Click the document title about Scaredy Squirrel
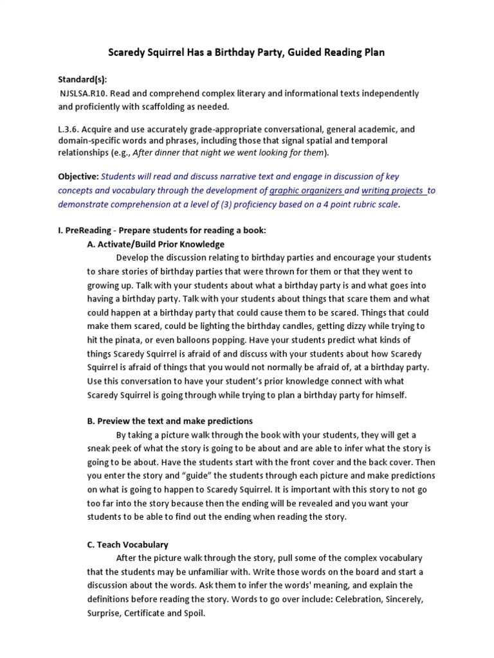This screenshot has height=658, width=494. tap(247, 52)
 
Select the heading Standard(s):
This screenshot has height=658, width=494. tap(83, 80)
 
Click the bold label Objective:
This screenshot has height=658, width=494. tap(78, 176)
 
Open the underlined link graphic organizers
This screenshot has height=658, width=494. tap(306, 190)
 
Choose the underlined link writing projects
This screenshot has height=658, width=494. tap(393, 190)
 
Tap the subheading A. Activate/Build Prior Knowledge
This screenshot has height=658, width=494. tap(156, 244)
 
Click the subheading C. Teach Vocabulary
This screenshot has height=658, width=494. tap(127, 544)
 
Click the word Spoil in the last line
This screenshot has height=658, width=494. tap(193, 613)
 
